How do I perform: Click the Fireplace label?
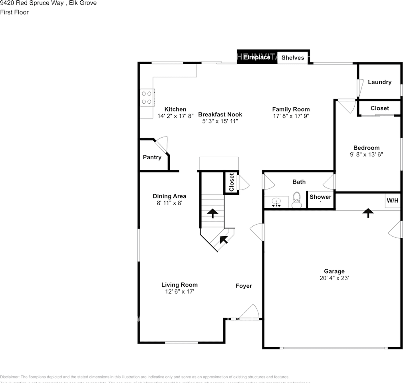(257, 57)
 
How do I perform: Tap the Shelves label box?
(293, 58)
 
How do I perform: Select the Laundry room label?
(379, 82)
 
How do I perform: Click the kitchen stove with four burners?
(147, 97)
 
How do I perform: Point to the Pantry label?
(152, 157)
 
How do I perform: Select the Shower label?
(320, 197)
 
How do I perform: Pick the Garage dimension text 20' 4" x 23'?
(334, 278)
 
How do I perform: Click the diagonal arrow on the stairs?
(224, 239)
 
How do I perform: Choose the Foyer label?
(244, 286)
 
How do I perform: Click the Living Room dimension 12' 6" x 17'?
(180, 292)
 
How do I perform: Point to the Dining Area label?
(169, 196)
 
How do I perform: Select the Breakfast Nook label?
(220, 115)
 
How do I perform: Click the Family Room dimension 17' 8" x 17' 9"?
(291, 116)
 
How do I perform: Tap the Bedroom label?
(366, 148)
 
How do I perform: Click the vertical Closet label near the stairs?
(231, 182)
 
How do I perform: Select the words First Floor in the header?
(14, 12)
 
